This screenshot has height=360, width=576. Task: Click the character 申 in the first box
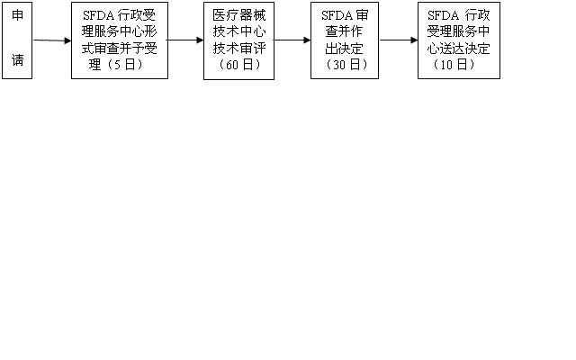[17, 16]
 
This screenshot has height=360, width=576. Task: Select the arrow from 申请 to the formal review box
[52, 40]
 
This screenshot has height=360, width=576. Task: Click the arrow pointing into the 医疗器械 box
[185, 40]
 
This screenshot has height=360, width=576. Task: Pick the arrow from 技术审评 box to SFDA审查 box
[292, 40]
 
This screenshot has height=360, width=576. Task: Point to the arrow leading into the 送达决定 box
[399, 40]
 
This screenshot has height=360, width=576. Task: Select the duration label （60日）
[238, 65]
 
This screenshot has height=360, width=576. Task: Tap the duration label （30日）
[345, 65]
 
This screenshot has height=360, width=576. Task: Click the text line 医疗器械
[238, 16]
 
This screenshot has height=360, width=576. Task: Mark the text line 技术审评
[238, 49]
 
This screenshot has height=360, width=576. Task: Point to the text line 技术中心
[238, 32]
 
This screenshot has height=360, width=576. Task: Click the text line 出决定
[345, 49]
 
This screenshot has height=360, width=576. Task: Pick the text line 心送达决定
[459, 49]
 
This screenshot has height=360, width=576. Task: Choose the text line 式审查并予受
[120, 49]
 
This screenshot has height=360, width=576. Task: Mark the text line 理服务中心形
[120, 32]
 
